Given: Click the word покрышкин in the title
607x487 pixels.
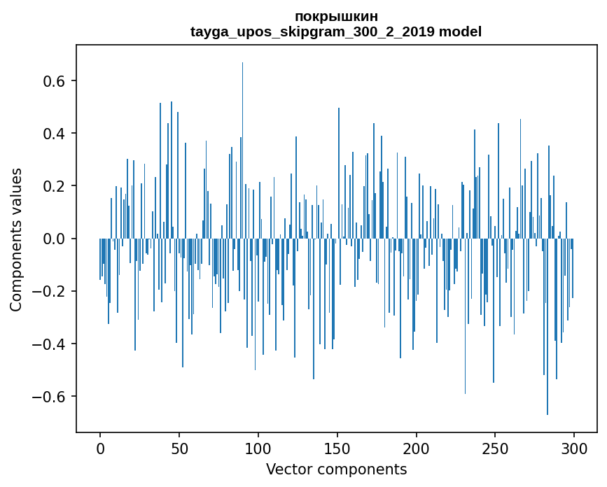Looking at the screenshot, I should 336,17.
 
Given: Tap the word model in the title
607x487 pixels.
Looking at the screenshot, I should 460,31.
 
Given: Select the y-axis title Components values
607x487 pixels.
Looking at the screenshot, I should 16,239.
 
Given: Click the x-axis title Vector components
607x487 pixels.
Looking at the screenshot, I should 336,469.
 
